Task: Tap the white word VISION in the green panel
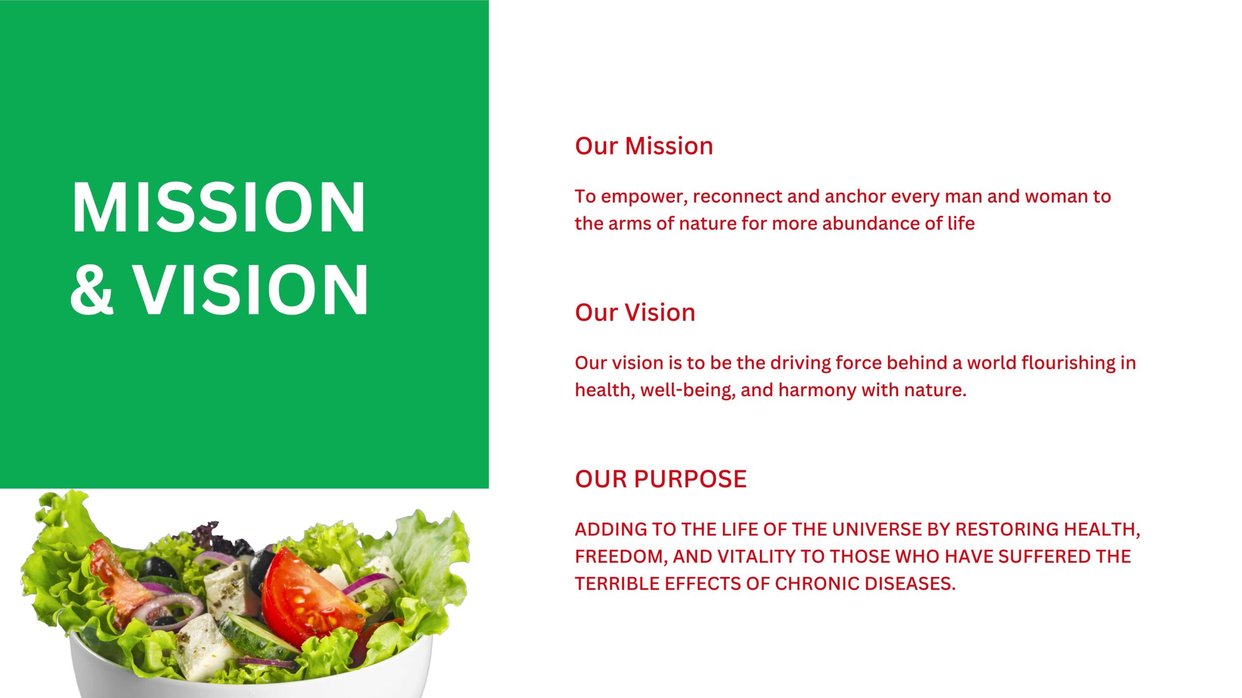[251, 289]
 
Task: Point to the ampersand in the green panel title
[92, 290]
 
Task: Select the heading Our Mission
[644, 146]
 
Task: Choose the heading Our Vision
[635, 313]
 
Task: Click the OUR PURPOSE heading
[661, 479]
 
